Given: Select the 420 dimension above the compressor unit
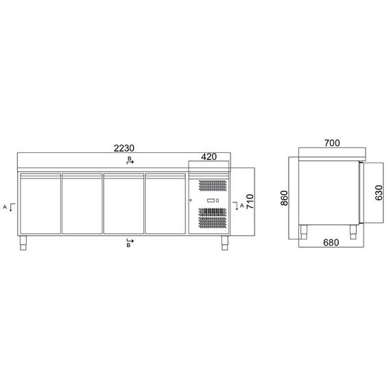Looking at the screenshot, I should point(209,157).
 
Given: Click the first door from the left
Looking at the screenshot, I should point(40,204).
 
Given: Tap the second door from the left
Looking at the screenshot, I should point(82,204).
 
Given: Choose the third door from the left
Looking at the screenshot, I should point(123,204).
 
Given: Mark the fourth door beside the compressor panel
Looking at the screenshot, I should point(165,204).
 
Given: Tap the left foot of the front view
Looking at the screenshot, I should point(25,241).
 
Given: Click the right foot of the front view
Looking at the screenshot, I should point(225,241).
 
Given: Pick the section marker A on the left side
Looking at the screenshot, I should point(6,206).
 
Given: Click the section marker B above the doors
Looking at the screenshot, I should point(129,160).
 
